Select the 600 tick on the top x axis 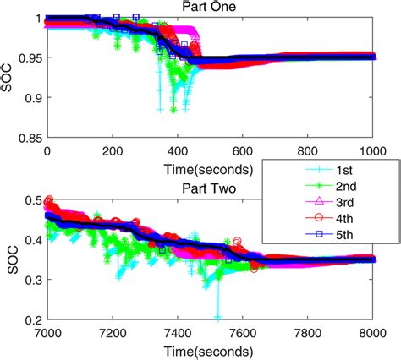[243, 150]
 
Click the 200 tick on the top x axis [112, 150]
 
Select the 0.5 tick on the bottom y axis [33, 199]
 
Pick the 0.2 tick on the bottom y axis [33, 320]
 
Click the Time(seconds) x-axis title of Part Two [209, 348]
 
